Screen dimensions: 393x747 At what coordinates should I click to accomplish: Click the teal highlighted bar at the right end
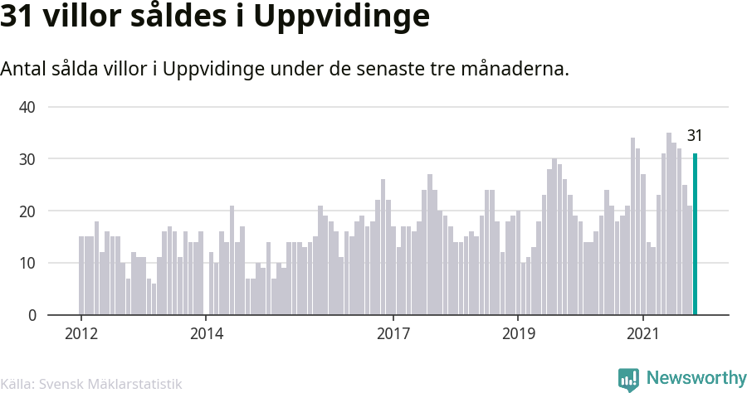pyautogui.click(x=695, y=235)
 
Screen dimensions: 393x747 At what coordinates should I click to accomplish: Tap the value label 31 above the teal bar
pyautogui.click(x=695, y=136)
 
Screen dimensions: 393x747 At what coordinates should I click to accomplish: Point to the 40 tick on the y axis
pyautogui.click(x=27, y=107)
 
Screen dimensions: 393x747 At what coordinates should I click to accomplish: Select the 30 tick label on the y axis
pyautogui.click(x=27, y=159)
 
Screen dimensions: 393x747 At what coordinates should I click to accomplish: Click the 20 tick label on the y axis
pyautogui.click(x=27, y=211)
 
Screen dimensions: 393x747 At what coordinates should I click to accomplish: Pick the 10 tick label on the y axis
pyautogui.click(x=27, y=264)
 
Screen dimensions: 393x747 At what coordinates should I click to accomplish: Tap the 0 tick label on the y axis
pyautogui.click(x=32, y=316)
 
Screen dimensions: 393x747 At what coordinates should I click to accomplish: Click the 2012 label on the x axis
pyautogui.click(x=81, y=334)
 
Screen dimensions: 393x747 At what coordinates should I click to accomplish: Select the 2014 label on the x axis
pyautogui.click(x=206, y=334)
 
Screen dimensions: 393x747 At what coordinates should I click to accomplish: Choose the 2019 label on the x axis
pyautogui.click(x=518, y=334)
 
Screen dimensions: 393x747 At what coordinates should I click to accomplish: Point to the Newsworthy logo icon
pyautogui.click(x=628, y=379)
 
